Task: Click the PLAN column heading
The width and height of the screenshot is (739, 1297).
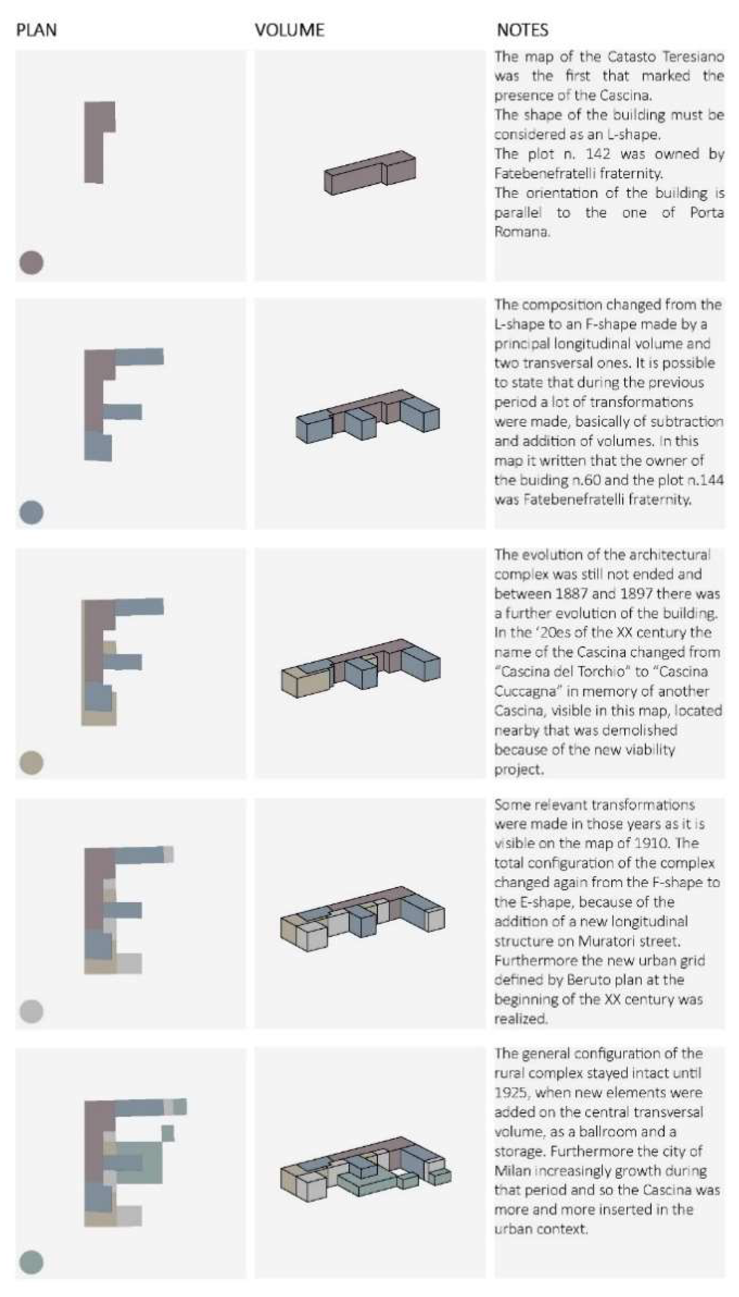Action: pos(37,30)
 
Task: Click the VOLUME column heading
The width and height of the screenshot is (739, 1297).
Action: pos(289,30)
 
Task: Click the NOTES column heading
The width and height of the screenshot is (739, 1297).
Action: pos(522,30)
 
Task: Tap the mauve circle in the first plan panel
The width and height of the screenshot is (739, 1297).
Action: pos(31,263)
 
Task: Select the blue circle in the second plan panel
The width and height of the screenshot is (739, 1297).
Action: pos(31,512)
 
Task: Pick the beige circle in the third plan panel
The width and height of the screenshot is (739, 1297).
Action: pos(31,763)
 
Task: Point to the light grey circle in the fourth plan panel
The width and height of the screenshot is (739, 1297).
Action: pos(31,1012)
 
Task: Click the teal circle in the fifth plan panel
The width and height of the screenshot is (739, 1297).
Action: pos(31,1262)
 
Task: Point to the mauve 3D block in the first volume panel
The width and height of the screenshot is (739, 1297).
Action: pos(370,173)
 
